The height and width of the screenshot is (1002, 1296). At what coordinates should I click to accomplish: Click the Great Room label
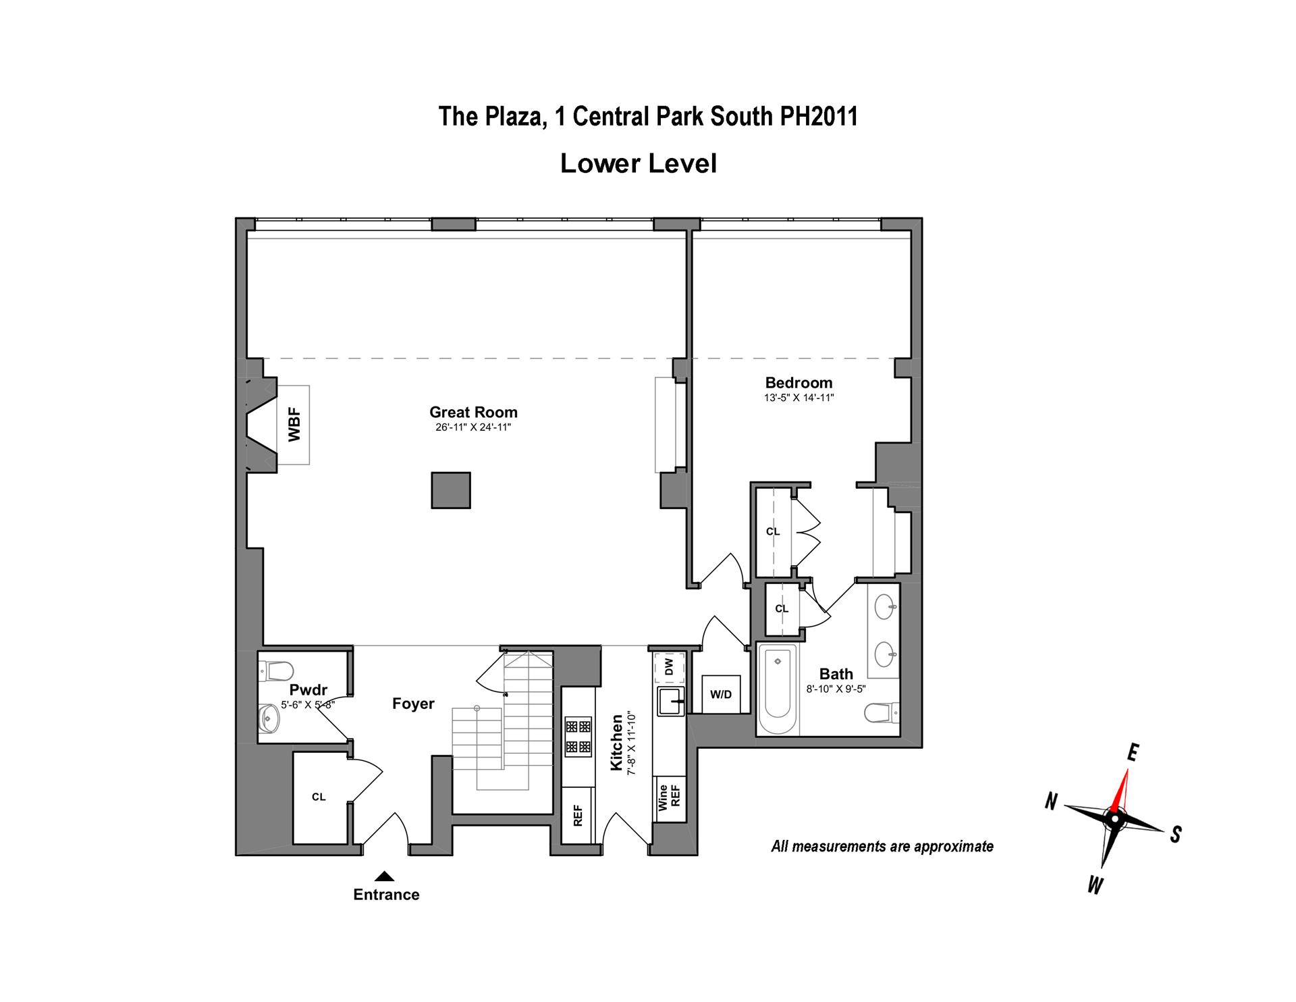pyautogui.click(x=473, y=412)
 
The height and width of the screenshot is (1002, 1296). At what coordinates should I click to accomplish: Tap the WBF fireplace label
pyautogui.click(x=294, y=425)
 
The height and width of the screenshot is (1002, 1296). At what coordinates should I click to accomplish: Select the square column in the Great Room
pyautogui.click(x=451, y=490)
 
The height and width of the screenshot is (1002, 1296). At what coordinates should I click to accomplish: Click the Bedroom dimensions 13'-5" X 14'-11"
pyautogui.click(x=799, y=398)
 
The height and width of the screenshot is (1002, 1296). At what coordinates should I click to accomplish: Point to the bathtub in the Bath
pyautogui.click(x=778, y=689)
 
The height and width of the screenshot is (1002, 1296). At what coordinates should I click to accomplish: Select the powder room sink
pyautogui.click(x=269, y=719)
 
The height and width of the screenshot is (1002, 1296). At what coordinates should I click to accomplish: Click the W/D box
pyautogui.click(x=721, y=694)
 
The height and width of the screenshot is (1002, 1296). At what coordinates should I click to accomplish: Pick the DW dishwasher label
pyautogui.click(x=669, y=667)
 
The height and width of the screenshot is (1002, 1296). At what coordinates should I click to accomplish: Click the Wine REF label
pyautogui.click(x=670, y=797)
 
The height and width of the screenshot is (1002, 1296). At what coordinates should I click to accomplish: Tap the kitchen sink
pyautogui.click(x=670, y=701)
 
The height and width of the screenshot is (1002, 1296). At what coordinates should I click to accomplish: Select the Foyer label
pyautogui.click(x=413, y=704)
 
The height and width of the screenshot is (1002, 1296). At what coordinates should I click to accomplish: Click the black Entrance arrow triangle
pyautogui.click(x=385, y=876)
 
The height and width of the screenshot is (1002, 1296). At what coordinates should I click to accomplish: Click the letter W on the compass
pyautogui.click(x=1095, y=885)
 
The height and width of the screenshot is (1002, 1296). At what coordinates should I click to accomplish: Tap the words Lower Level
pyautogui.click(x=638, y=163)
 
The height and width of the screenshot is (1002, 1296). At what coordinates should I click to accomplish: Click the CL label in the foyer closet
pyautogui.click(x=319, y=797)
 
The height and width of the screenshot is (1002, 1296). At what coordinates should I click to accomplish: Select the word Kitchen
pyautogui.click(x=617, y=743)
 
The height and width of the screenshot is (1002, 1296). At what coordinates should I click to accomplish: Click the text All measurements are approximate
pyautogui.click(x=882, y=846)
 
